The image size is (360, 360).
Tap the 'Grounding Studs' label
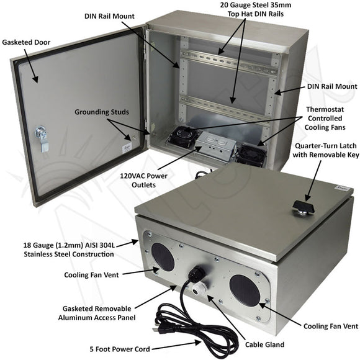pyautogui.click(x=102, y=112)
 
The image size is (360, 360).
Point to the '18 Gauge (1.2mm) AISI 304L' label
pyautogui.click(x=76, y=245)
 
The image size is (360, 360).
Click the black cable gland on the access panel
pyautogui.click(x=198, y=276)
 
